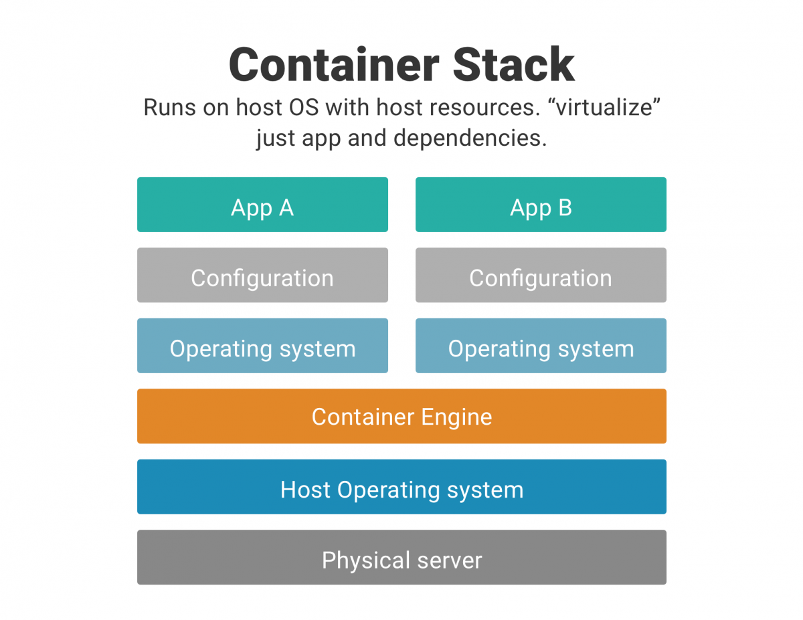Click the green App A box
(x=262, y=205)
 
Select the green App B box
(x=541, y=205)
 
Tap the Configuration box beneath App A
(x=262, y=276)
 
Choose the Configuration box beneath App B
(x=541, y=276)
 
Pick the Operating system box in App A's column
(x=262, y=346)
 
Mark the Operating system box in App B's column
(x=541, y=346)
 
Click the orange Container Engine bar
(x=401, y=416)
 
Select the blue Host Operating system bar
(x=401, y=487)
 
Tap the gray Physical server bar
(x=401, y=557)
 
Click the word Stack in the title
(x=513, y=65)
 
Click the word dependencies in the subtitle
(x=470, y=138)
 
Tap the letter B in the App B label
(x=565, y=208)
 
